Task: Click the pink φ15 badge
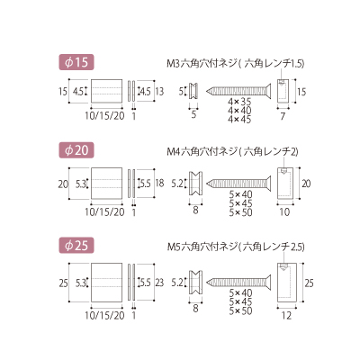click(x=76, y=62)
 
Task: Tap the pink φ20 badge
click(x=76, y=150)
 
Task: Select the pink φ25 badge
click(x=76, y=246)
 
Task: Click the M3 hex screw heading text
click(x=236, y=63)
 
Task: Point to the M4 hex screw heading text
click(x=232, y=152)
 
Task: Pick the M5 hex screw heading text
click(x=236, y=247)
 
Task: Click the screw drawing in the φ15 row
click(x=238, y=90)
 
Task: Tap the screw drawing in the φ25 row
click(x=239, y=282)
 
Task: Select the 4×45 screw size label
click(x=239, y=120)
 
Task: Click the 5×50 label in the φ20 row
click(x=240, y=212)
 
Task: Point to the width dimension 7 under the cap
click(x=283, y=116)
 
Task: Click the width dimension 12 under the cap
click(x=287, y=315)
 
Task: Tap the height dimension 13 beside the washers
click(x=159, y=91)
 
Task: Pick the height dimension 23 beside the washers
click(x=159, y=283)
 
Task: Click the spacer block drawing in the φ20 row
click(x=106, y=183)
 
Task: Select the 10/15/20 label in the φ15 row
click(x=104, y=116)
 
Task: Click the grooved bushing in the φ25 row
click(x=195, y=283)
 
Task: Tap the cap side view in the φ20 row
click(x=284, y=183)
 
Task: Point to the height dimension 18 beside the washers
click(x=159, y=183)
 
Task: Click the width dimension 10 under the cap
click(x=284, y=212)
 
